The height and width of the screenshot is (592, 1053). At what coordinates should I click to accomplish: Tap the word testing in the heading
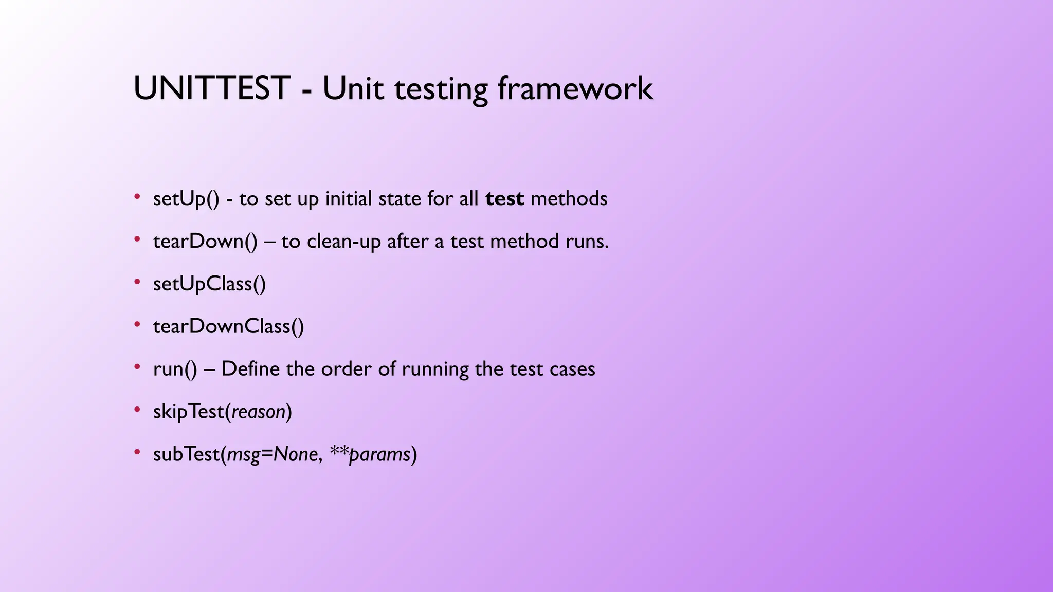tap(441, 89)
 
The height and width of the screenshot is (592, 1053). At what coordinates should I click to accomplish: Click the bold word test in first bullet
tap(504, 199)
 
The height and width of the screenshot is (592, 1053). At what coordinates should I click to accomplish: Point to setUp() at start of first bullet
tap(186, 199)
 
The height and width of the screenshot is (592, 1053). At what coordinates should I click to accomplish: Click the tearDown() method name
tap(205, 242)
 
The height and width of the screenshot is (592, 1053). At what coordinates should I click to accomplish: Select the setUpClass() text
tap(209, 284)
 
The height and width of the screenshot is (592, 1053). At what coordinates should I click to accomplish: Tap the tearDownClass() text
tap(228, 327)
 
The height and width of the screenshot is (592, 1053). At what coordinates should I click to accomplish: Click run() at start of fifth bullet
tap(175, 369)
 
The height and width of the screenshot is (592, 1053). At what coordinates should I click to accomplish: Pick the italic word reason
tap(258, 412)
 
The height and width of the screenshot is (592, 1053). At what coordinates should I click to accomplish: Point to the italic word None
tap(295, 455)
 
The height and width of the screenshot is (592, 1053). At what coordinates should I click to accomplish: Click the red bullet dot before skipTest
tap(137, 410)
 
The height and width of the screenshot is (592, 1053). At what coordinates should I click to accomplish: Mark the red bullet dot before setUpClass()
tap(137, 282)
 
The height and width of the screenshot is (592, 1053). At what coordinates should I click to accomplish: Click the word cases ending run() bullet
tap(572, 369)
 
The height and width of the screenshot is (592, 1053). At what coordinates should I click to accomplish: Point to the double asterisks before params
tap(339, 451)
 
